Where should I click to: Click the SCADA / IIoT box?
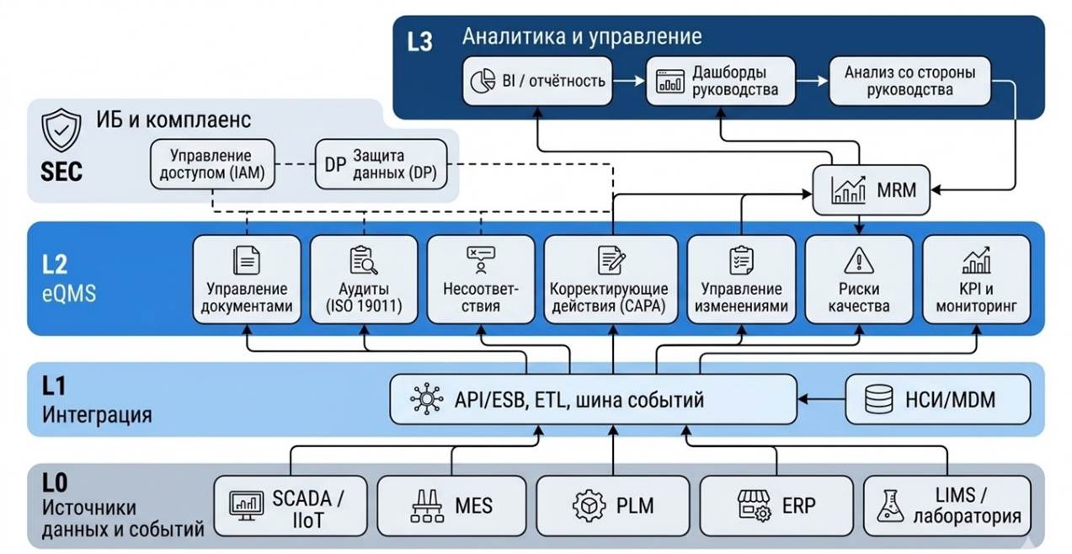pyautogui.click(x=288, y=505)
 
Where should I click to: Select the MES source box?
pyautogui.click(x=451, y=505)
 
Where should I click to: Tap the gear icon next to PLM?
pyautogui.click(x=589, y=505)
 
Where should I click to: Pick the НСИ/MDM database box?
pyautogui.click(x=937, y=399)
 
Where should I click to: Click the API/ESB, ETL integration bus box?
pyautogui.click(x=593, y=399)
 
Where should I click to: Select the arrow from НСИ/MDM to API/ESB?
pyautogui.click(x=821, y=399)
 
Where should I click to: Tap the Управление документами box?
pyautogui.click(x=247, y=280)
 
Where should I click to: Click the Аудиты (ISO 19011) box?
pyautogui.click(x=364, y=280)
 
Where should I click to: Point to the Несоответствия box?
pyautogui.click(x=481, y=280)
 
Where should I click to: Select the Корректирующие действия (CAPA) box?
pyautogui.click(x=610, y=280)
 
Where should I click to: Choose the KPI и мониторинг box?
pyautogui.click(x=976, y=280)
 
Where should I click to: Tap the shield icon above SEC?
pyautogui.click(x=61, y=131)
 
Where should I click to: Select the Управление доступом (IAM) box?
pyautogui.click(x=211, y=165)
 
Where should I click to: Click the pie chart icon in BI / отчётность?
pyautogui.click(x=482, y=81)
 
